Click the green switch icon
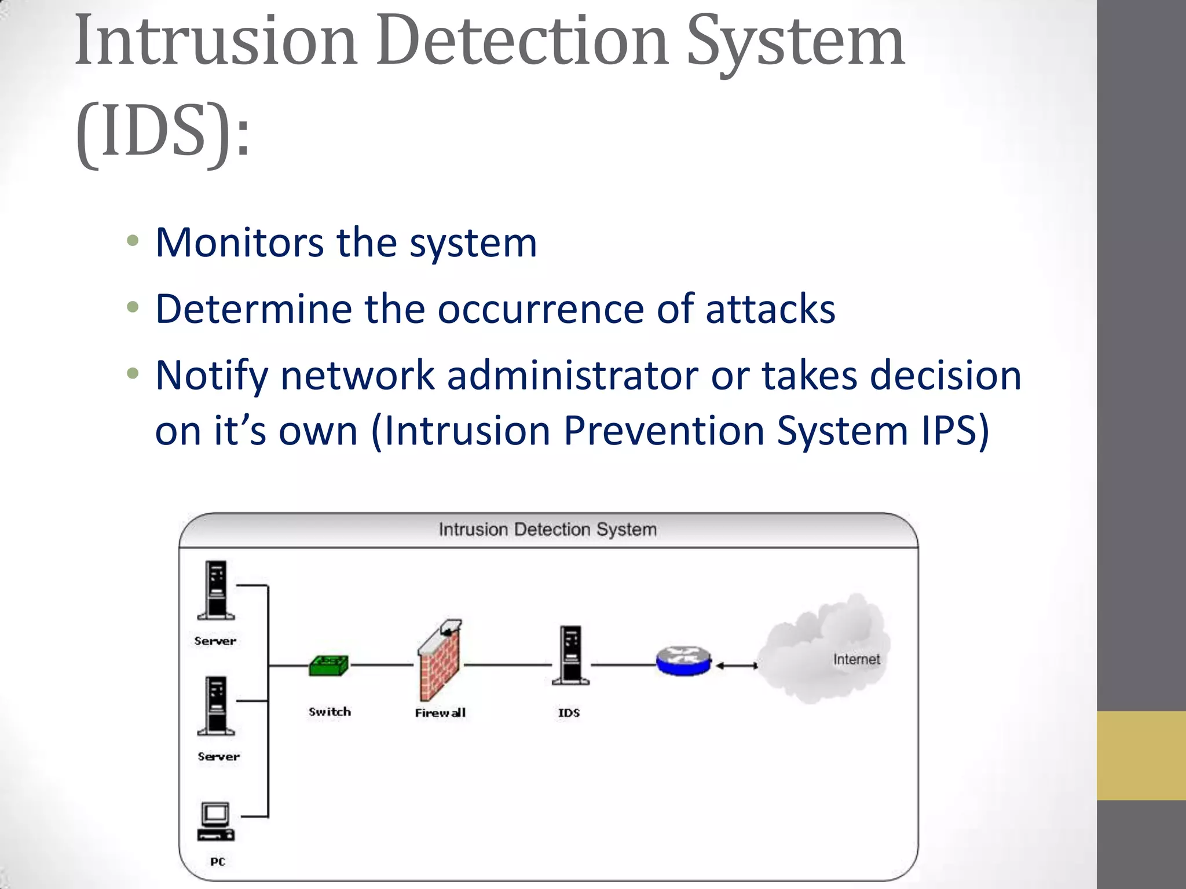tap(328, 666)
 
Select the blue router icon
tap(683, 661)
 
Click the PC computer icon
tap(215, 821)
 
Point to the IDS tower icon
tap(571, 655)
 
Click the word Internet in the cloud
tap(856, 659)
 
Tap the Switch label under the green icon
tap(330, 712)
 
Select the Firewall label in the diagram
tap(440, 713)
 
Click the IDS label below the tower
tap(569, 713)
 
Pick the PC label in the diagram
tap(218, 862)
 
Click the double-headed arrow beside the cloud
tap(736, 666)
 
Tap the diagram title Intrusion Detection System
tap(547, 530)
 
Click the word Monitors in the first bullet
tap(239, 243)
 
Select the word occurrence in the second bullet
tap(540, 309)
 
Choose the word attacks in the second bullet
tap(770, 309)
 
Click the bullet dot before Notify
tap(133, 374)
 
